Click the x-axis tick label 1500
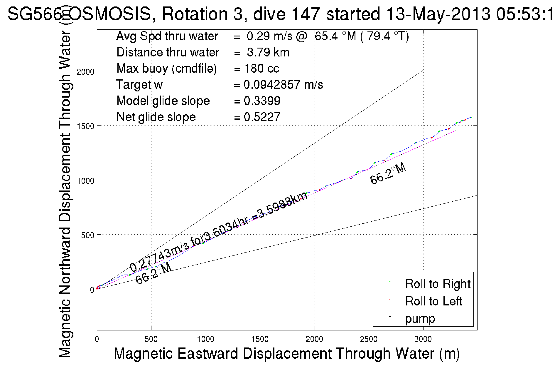pyautogui.click(x=260, y=339)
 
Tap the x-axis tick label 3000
pyautogui.click(x=423, y=339)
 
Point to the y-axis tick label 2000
pyautogui.click(x=85, y=72)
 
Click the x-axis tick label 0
pyautogui.click(x=97, y=339)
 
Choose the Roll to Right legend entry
pyautogui.click(x=438, y=284)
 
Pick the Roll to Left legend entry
pyautogui.click(x=433, y=301)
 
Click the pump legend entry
pyautogui.click(x=420, y=318)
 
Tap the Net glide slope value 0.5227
pyautogui.click(x=262, y=117)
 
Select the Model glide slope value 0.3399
pyautogui.click(x=262, y=101)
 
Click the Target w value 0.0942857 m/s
pyautogui.click(x=283, y=85)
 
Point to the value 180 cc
pyautogui.click(x=261, y=68)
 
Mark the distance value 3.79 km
pyautogui.click(x=268, y=52)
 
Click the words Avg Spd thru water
pyautogui.click(x=167, y=36)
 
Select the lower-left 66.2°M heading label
pyautogui.click(x=153, y=273)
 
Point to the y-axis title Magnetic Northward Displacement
pyautogui.click(x=65, y=194)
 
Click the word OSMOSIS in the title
pyautogui.click(x=110, y=14)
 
